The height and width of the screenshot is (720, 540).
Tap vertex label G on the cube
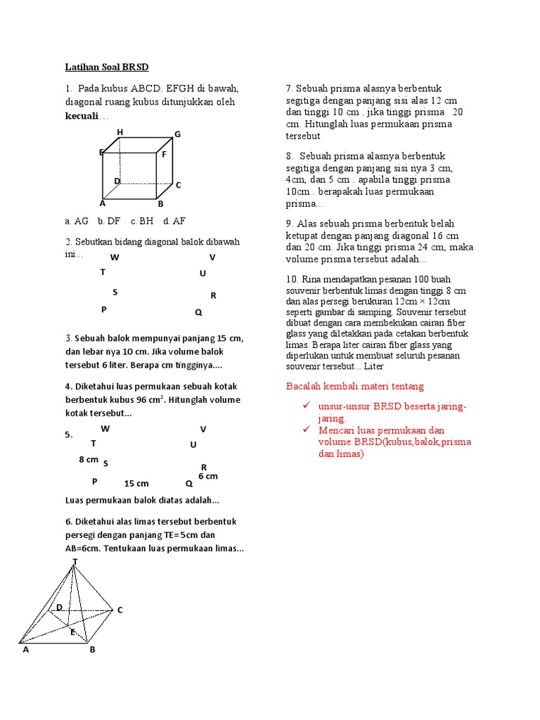(178, 134)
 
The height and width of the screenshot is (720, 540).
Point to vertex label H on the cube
(120, 132)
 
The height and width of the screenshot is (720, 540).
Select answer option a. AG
(76, 221)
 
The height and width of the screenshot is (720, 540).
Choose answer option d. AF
(174, 221)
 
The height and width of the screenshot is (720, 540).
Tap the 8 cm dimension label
(89, 459)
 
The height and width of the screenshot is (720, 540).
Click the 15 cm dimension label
(136, 484)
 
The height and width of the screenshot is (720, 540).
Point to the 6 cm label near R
(208, 477)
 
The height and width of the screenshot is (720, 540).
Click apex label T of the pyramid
(75, 561)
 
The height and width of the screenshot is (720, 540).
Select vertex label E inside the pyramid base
(72, 632)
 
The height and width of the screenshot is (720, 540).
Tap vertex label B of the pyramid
(92, 650)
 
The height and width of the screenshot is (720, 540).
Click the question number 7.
(289, 89)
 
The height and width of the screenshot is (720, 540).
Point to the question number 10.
(292, 278)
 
